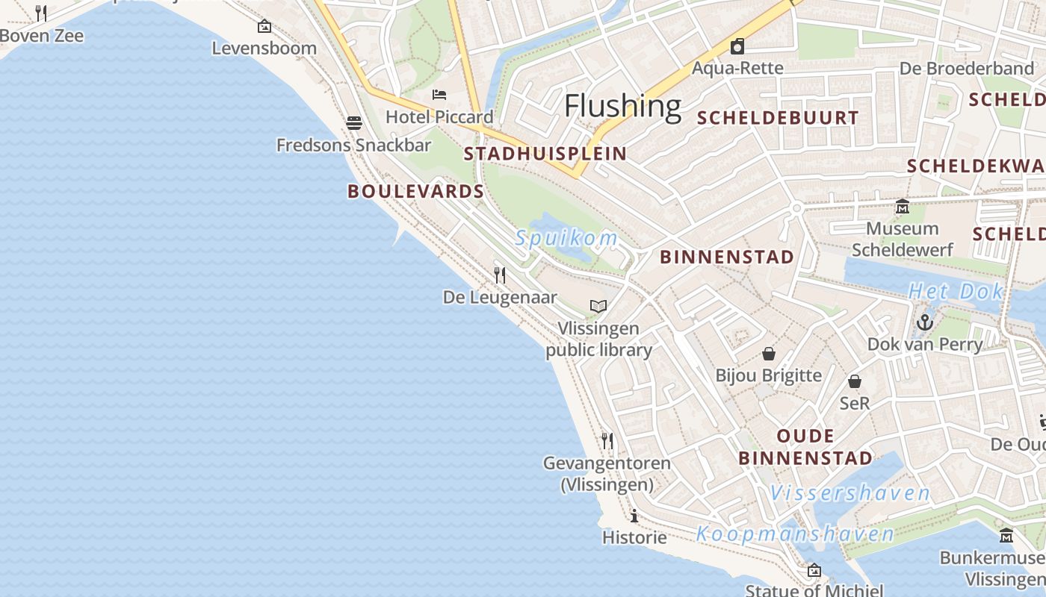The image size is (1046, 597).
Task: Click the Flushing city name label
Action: click(622, 106)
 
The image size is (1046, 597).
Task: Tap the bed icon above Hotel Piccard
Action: click(439, 95)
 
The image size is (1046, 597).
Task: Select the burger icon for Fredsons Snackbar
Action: click(353, 122)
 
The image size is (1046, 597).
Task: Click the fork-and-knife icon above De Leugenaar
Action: click(500, 275)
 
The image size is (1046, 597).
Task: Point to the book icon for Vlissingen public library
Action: click(598, 306)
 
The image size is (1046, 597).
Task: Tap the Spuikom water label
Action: click(566, 239)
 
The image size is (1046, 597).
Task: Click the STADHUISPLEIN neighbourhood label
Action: click(545, 154)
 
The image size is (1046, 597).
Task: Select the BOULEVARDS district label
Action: click(416, 191)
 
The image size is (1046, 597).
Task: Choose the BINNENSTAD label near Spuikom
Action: click(727, 257)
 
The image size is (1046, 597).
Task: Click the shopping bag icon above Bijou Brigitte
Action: click(769, 353)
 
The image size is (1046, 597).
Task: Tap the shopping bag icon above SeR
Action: click(855, 381)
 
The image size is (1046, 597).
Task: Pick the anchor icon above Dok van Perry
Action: click(925, 322)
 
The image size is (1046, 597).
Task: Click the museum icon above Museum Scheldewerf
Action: click(903, 206)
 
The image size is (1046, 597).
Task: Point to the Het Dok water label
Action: click(956, 292)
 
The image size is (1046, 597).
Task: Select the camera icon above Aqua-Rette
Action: click(737, 46)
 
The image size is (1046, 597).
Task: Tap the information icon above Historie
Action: click(634, 516)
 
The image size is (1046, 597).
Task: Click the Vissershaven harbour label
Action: click(850, 493)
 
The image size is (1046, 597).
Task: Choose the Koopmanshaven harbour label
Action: click(795, 534)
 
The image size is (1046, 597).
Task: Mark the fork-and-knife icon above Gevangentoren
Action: click(607, 441)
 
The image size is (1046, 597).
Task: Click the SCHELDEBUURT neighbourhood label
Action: click(778, 117)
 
